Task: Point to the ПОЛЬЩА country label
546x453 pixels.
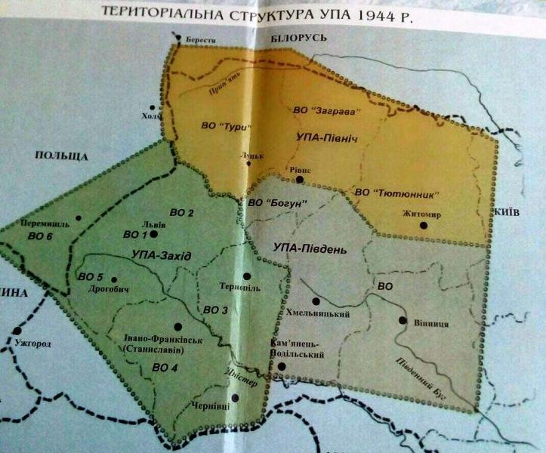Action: (x=56, y=157)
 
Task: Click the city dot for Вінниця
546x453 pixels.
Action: (x=402, y=320)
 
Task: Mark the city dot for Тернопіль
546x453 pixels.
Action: (x=247, y=276)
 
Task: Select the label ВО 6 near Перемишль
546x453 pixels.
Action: (x=39, y=236)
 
